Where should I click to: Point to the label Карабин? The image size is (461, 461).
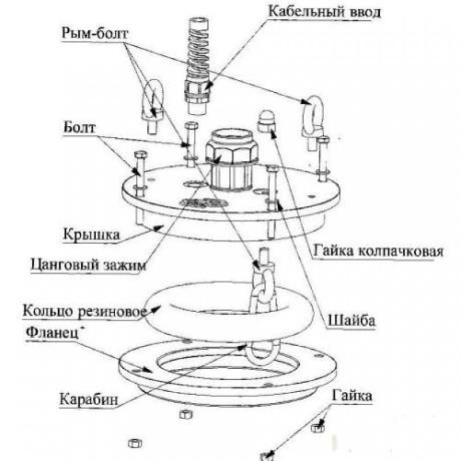84,398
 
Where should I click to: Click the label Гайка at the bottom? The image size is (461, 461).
351,396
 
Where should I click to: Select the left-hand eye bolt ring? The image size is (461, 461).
152,98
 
